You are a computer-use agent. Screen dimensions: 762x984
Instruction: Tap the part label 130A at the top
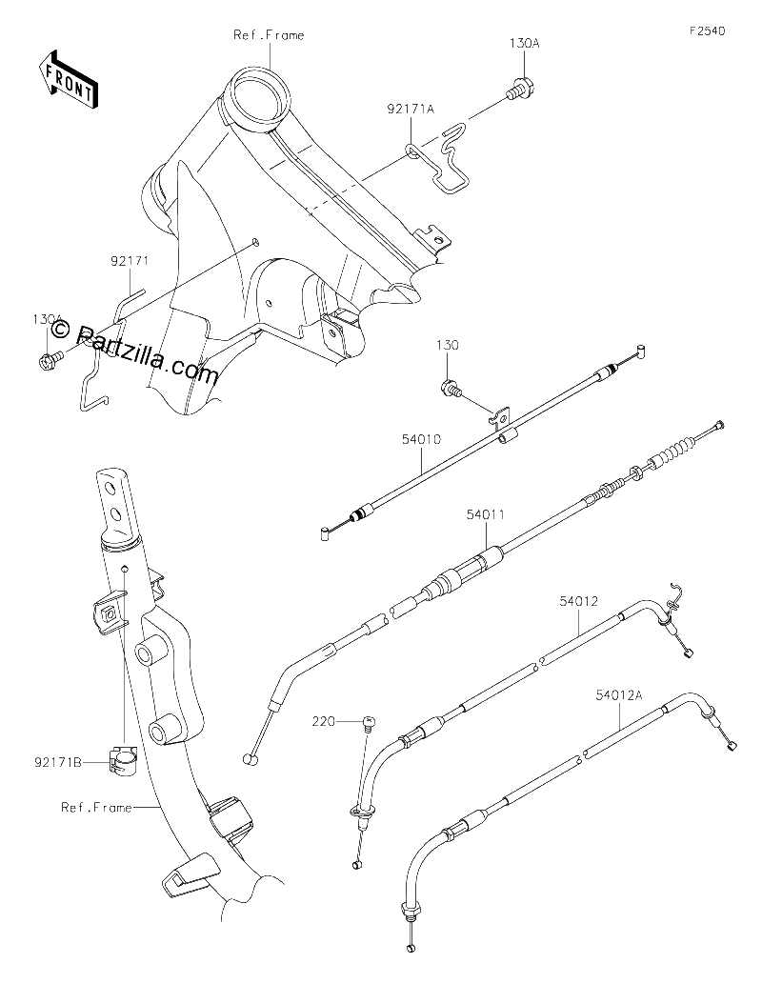coord(524,44)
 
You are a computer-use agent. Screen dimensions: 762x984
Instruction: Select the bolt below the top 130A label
coord(518,90)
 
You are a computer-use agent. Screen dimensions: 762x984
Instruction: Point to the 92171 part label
coord(130,261)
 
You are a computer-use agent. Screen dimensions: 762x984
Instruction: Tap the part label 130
coord(448,346)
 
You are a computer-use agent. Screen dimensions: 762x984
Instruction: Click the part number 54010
coord(422,440)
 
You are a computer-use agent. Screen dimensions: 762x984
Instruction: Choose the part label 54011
coord(485,515)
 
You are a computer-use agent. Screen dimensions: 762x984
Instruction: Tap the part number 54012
coord(579,602)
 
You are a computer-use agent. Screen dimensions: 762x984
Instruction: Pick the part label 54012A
coord(619,694)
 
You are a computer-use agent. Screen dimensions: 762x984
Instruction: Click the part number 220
coord(323,722)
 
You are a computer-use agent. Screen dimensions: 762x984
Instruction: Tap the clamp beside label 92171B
coord(124,758)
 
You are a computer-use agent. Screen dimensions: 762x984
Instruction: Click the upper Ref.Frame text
coord(269,35)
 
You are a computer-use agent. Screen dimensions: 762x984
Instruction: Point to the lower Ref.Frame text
coord(96,807)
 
